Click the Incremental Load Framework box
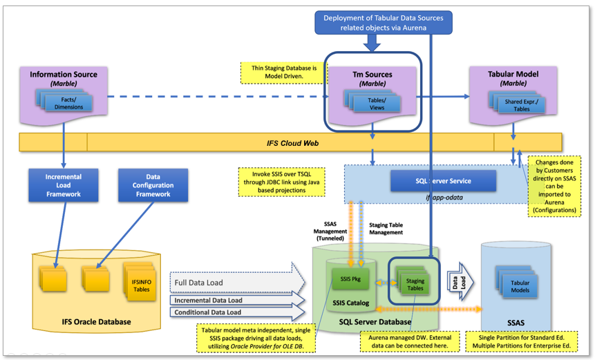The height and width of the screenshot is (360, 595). point(64,184)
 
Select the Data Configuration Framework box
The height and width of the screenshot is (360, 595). point(153,184)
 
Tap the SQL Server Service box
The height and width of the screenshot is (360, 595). point(443,180)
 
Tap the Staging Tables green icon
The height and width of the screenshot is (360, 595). point(415,283)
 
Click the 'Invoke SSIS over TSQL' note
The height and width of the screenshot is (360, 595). point(280,181)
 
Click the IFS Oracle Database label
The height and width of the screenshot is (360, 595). point(87,321)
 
